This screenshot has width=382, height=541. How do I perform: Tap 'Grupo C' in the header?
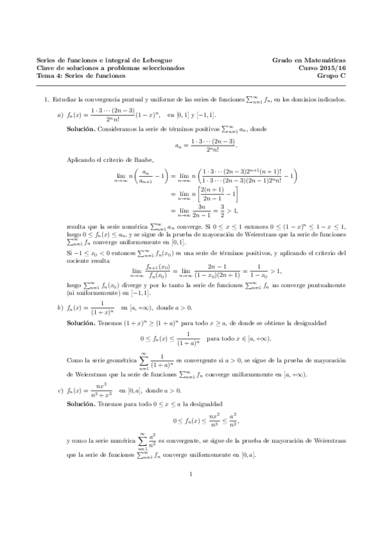(x=331, y=75)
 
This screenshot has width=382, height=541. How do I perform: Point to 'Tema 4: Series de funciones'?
(x=90, y=75)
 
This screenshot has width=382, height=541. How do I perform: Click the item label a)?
(x=60, y=115)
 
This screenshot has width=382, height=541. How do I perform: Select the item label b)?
(x=60, y=308)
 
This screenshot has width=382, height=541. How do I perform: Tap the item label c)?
(x=60, y=390)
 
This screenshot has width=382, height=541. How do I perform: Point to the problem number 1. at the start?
(x=47, y=100)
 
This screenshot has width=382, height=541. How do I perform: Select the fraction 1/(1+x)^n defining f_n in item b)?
(x=99, y=308)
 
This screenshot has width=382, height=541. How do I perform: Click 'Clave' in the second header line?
(x=47, y=68)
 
